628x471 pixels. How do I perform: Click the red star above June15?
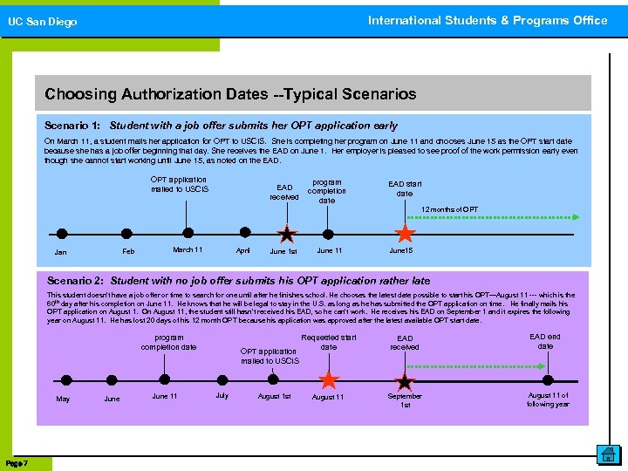tap(405, 234)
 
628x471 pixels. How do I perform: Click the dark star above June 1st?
tap(286, 234)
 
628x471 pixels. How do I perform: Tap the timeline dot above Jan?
tap(61, 234)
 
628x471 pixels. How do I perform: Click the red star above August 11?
tap(328, 380)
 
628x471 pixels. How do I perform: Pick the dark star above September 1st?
tap(405, 381)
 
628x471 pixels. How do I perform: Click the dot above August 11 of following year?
tap(548, 380)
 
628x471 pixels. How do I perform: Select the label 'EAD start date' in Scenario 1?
tap(405, 188)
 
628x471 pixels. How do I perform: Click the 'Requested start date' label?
tap(328, 342)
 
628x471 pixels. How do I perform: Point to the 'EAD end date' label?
tap(545, 341)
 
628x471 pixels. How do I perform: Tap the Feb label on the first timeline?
tap(128, 251)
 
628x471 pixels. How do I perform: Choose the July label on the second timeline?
tap(222, 395)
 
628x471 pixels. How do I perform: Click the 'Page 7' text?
tap(17, 461)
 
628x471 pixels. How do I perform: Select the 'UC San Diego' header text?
tap(43, 22)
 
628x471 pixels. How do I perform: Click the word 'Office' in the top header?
tap(590, 20)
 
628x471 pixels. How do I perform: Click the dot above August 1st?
tap(274, 380)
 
